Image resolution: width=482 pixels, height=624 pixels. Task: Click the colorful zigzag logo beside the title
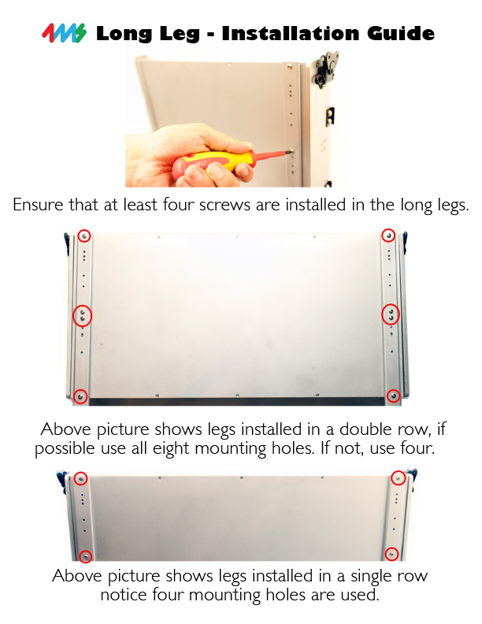[x=64, y=33]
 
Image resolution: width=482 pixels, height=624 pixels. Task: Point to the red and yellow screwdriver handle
[x=211, y=163]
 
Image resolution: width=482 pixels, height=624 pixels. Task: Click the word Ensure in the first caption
[x=39, y=205]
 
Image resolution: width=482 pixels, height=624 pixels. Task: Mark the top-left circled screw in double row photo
[x=84, y=236]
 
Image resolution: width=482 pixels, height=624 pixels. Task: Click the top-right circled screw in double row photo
[x=388, y=236]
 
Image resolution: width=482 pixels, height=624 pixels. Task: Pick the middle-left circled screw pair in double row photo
[x=83, y=316]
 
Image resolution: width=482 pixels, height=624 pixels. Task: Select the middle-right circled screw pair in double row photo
[x=391, y=314]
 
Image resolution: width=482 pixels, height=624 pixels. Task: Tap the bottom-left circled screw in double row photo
[x=81, y=396]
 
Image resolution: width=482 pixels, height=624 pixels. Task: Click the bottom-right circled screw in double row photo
[x=393, y=396]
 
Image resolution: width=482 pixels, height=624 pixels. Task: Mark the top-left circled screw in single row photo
[x=81, y=478]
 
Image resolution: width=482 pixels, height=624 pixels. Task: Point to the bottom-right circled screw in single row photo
[x=391, y=554]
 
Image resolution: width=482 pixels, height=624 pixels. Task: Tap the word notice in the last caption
[x=124, y=596]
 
